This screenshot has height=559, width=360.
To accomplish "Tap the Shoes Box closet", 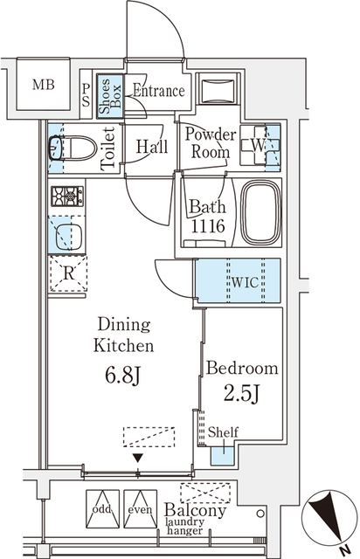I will (x=110, y=95).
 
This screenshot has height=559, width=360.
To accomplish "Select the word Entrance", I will (x=158, y=91).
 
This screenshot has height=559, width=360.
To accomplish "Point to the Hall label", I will (x=152, y=148).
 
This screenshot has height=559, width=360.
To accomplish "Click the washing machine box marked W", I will (x=260, y=144).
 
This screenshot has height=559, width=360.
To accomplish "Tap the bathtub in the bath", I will (x=260, y=214).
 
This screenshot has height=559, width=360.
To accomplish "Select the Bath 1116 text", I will (x=208, y=216).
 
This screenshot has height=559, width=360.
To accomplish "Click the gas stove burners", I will (x=66, y=194).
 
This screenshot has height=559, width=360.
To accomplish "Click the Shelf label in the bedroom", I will (x=224, y=431).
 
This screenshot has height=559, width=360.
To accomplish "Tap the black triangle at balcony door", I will (x=136, y=458).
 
